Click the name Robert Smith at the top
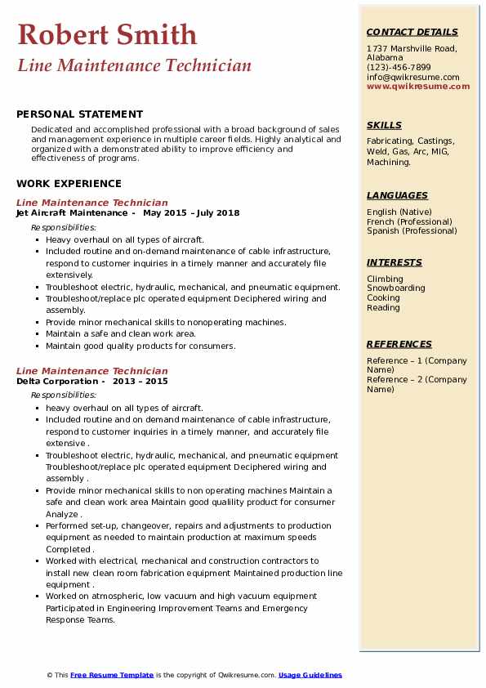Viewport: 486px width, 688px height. pos(107,34)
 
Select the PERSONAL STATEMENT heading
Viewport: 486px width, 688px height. pos(79,114)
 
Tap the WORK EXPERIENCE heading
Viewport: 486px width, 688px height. pos(69,184)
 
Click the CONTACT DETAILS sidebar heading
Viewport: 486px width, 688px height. pos(412,32)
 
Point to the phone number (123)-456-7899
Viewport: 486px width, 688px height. pos(399,68)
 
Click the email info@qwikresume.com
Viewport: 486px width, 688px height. pos(412,77)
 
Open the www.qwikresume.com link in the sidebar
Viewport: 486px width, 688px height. pos(418,86)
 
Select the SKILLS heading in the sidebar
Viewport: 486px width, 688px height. pos(384,125)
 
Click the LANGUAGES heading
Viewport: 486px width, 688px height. pos(397,195)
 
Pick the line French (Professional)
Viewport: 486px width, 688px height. pos(410,221)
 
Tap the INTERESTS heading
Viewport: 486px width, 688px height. pos(395,262)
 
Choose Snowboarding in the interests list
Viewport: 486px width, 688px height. pos(395,288)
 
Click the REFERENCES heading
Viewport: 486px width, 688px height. pos(399,344)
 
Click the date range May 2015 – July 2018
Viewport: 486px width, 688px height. pos(191,213)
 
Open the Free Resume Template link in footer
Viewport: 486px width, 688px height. pos(112,675)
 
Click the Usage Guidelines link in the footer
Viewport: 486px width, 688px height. pos(310,675)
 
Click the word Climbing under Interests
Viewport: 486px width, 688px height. pos(384,279)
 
